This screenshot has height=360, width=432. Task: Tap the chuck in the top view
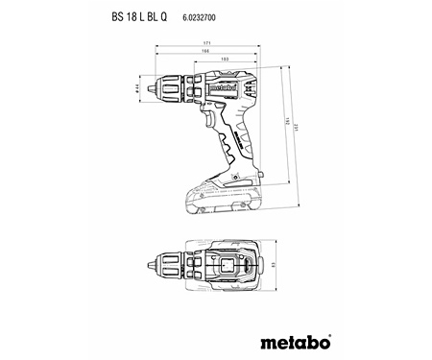pyautogui.click(x=171, y=263)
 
